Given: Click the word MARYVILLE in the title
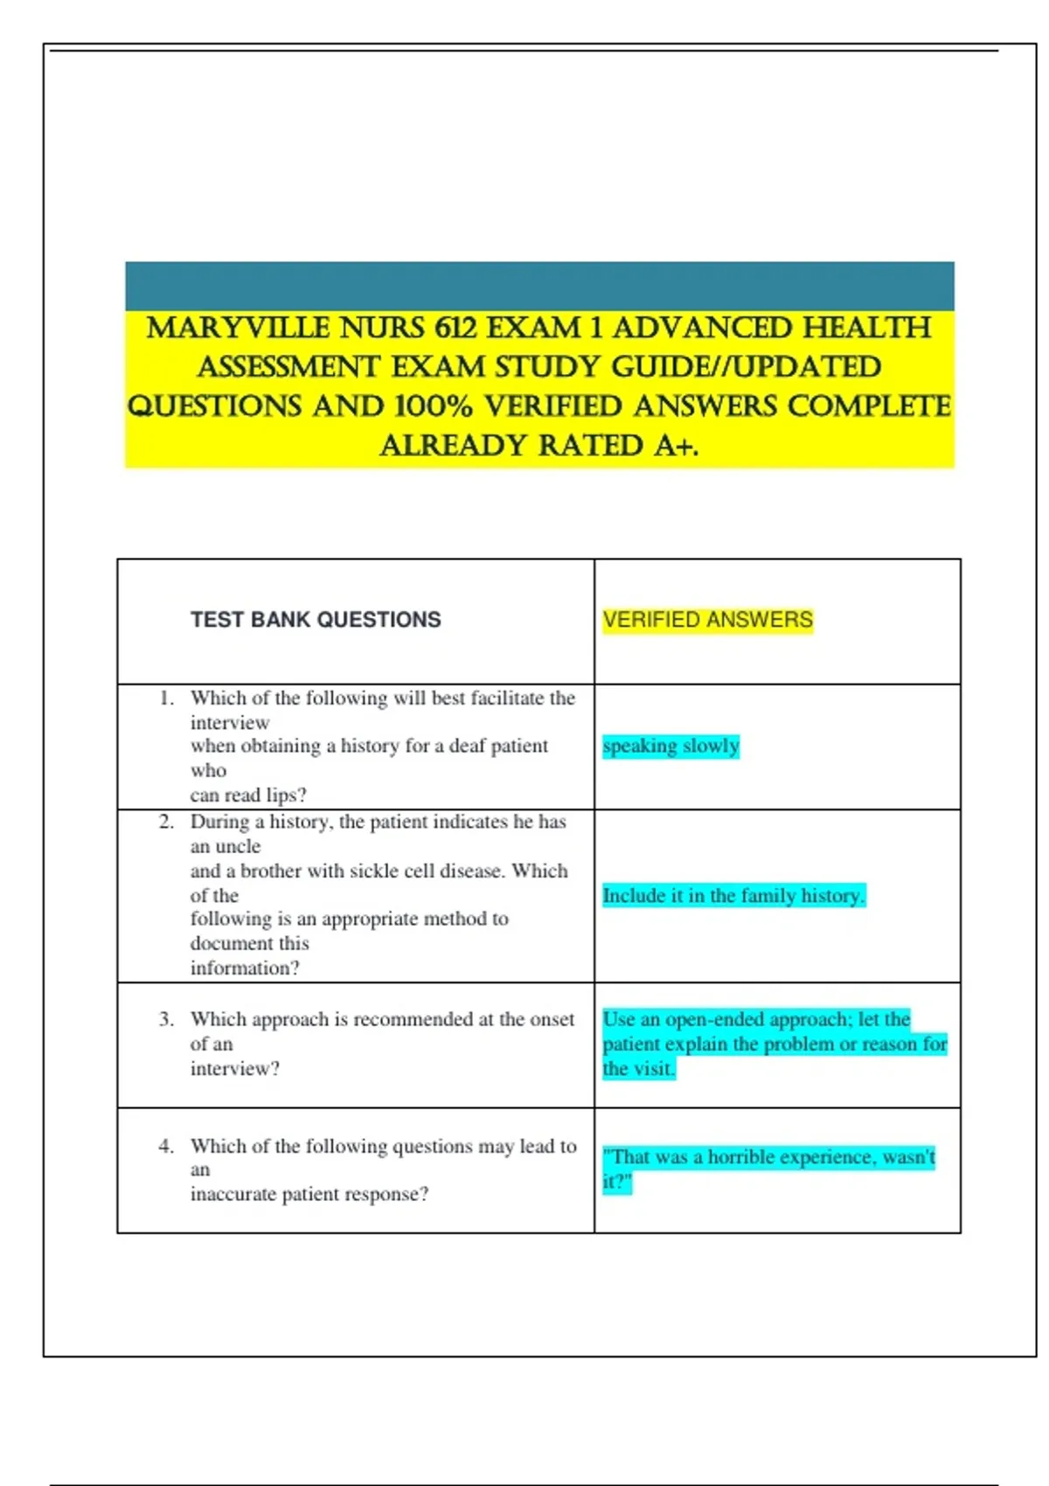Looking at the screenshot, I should point(238,329).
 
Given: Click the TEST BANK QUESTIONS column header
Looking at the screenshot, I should point(316,620).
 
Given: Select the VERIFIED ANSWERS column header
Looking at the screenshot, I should point(707,620).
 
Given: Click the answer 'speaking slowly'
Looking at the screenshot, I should point(670,746).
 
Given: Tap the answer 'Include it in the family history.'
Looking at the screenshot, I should point(733,896).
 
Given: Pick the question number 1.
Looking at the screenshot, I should point(166,698).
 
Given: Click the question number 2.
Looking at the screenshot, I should point(166,823).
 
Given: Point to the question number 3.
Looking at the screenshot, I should point(166,1020).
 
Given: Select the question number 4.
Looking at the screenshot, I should point(166,1146).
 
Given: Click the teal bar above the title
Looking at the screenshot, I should point(539,286).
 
